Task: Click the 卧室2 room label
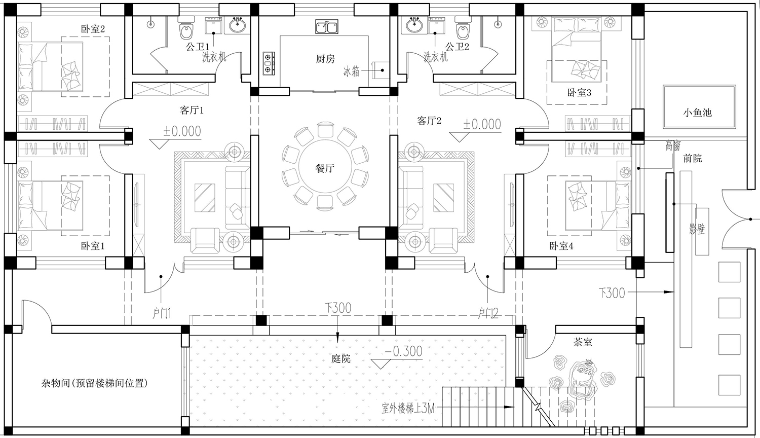[x=93, y=29]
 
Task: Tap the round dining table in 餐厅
[x=325, y=168]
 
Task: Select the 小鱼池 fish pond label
[x=697, y=113]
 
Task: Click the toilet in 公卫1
[x=186, y=28]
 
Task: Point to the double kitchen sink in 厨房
[x=326, y=26]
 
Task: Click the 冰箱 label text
[x=351, y=71]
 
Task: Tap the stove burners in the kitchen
[x=269, y=63]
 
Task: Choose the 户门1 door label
[x=162, y=313]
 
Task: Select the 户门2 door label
[x=488, y=313]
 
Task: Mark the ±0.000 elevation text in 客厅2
[x=482, y=124]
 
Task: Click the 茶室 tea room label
[x=583, y=342]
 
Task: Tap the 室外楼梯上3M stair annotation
[x=408, y=409]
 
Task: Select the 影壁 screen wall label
[x=697, y=229]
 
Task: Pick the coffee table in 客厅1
[x=205, y=198]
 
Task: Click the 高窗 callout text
[x=672, y=146]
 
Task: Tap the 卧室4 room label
[x=561, y=246]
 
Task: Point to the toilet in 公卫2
[x=463, y=28]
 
